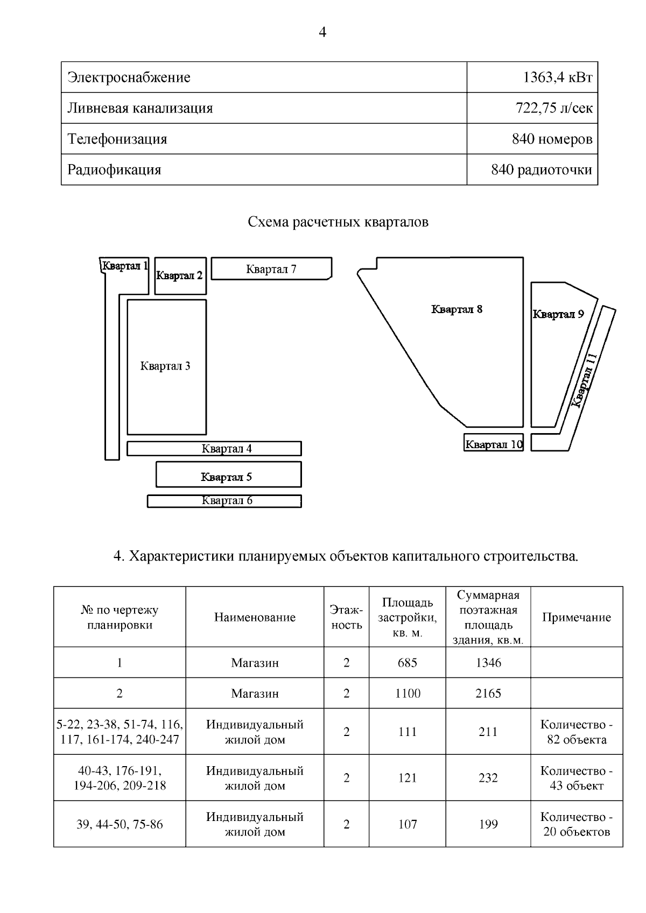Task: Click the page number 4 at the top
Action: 322,33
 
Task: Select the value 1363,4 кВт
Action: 557,77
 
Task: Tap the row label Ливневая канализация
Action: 140,108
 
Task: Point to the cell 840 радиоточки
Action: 541,170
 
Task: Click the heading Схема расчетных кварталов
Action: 338,222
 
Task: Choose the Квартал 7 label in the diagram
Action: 271,269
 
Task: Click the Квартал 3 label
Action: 165,366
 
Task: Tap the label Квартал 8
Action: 457,309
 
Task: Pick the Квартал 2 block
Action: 179,276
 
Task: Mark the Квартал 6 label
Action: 227,500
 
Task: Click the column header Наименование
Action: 255,618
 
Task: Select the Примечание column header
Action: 576,618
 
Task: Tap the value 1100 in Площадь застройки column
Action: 408,693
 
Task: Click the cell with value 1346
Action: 488,663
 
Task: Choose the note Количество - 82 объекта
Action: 576,732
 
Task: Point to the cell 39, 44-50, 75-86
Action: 120,825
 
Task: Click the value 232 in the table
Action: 488,778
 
